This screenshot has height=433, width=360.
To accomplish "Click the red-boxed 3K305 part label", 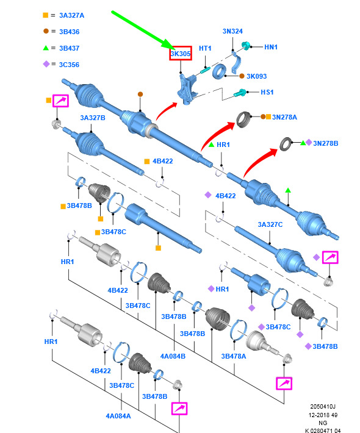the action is pos(181,53).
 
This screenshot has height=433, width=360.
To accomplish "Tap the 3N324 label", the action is pos(232,31).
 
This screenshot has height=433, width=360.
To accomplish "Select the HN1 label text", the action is pos(271,47).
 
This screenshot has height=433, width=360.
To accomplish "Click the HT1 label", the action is pos(205,48).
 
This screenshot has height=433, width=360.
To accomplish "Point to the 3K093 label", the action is pos(257,76).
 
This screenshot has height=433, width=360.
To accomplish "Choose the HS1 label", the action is pos(267,92).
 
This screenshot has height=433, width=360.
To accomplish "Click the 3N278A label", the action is pos(284,117).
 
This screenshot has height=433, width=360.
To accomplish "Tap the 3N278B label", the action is pos(325,143).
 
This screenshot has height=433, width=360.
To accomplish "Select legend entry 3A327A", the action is pos(71,15).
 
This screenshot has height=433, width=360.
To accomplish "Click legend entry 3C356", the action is pos(69,65).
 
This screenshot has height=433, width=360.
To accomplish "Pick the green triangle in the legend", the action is pos(46,48).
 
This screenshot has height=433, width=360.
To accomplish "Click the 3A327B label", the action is pos(93,118).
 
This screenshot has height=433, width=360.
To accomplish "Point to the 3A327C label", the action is pos(270,224).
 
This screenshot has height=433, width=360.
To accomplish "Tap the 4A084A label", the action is pos(118,416).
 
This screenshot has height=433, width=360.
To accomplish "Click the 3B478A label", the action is pos(234,356).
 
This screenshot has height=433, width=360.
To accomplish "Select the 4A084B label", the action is pos(173,356).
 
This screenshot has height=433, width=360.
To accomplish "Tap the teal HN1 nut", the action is pos(245,45).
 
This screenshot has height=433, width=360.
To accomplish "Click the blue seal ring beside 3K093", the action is pos(220,71).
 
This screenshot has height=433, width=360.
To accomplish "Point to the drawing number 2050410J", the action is pos(323,407).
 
